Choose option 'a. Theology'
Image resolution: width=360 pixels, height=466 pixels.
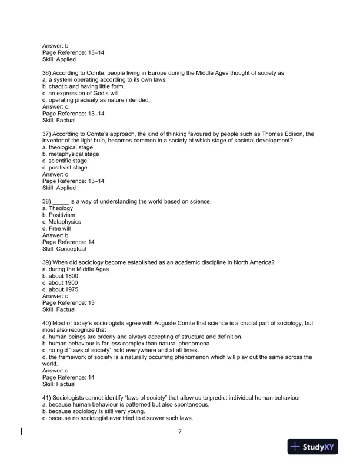pos(58,208)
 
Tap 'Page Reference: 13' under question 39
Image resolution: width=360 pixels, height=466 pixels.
pos(68,303)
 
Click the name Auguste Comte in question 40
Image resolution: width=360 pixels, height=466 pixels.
pos(159,324)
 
